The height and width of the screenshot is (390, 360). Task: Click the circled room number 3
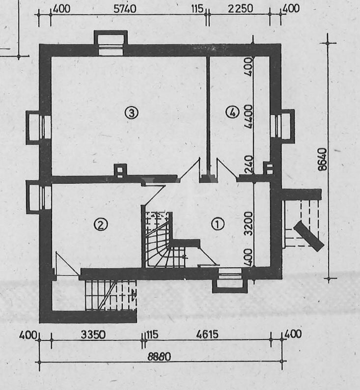pyautogui.click(x=132, y=113)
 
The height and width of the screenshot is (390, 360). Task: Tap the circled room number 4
pyautogui.click(x=232, y=113)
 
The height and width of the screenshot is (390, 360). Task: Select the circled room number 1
pyautogui.click(x=217, y=224)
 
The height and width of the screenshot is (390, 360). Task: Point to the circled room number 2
pyautogui.click(x=100, y=224)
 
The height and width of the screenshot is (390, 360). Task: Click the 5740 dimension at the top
pyautogui.click(x=125, y=8)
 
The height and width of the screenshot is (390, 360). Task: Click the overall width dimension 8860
pyautogui.click(x=159, y=357)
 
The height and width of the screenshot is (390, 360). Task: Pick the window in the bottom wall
pyautogui.click(x=229, y=281)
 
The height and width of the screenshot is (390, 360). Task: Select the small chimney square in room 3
pyautogui.click(x=120, y=170)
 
